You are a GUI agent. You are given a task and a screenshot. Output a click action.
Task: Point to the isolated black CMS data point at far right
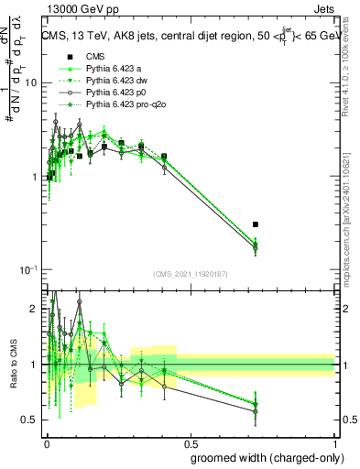[256, 224]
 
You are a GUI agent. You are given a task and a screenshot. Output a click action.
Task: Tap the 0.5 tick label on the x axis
[190, 442]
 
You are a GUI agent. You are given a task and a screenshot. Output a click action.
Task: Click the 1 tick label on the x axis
[334, 442]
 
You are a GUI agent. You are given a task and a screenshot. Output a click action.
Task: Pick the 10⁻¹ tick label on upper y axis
[27, 270]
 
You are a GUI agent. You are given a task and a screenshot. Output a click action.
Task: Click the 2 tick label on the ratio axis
[35, 310]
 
